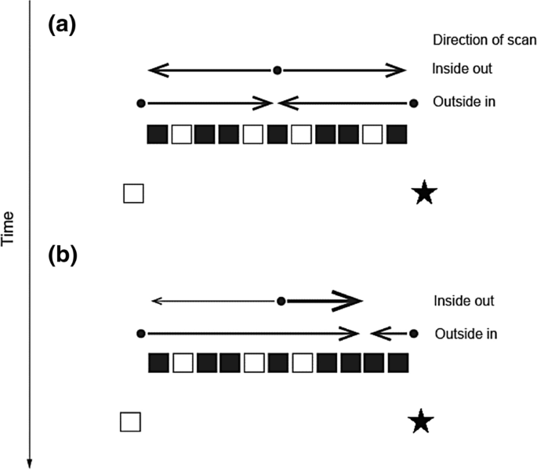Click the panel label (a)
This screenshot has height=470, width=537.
tap(62, 26)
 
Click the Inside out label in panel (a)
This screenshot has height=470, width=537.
tap(462, 70)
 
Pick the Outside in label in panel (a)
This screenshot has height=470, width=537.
tap(465, 102)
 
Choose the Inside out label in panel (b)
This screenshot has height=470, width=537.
tap(464, 301)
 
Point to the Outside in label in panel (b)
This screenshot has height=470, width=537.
tap(466, 334)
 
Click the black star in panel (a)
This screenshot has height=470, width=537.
tap(424, 193)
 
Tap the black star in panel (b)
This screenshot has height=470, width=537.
tap(422, 422)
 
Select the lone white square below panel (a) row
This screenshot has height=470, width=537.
tap(133, 193)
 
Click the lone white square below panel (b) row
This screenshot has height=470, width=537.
tap(130, 421)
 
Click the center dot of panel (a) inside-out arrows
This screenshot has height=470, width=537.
tap(277, 70)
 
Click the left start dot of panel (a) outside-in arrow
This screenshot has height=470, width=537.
tap(141, 103)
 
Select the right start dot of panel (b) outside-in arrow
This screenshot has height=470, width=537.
tap(413, 334)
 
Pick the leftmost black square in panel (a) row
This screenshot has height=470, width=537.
tap(158, 135)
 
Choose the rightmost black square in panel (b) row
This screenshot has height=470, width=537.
tap(398, 363)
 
